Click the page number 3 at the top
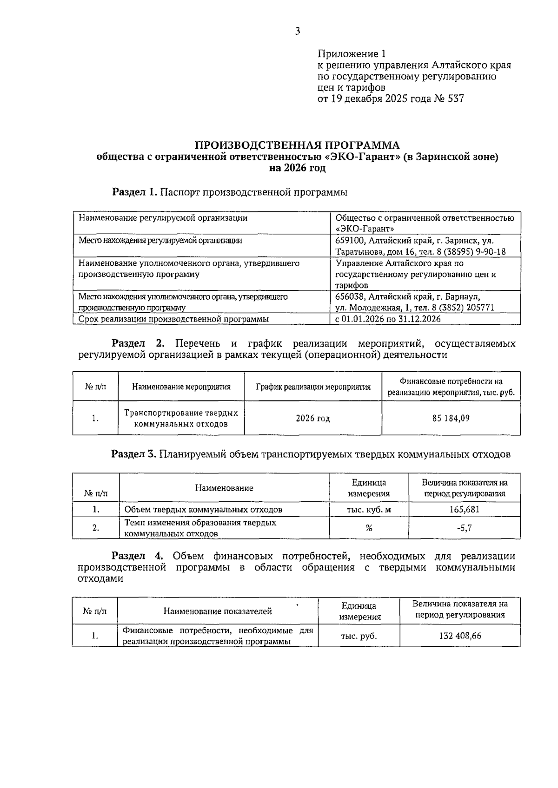[x=297, y=32]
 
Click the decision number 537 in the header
[x=455, y=99]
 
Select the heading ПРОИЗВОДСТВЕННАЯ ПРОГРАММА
[x=297, y=144]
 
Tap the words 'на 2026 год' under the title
[x=297, y=168]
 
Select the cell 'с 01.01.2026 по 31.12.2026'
[x=388, y=319]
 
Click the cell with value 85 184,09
[x=451, y=418]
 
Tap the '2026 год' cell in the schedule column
[x=313, y=418]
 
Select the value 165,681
[x=464, y=509]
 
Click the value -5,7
[x=464, y=528]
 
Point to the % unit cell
[x=369, y=528]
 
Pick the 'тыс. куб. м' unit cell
[x=369, y=509]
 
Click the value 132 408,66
[x=460, y=636]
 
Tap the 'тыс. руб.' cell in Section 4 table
[x=359, y=636]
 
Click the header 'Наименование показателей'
[x=217, y=611]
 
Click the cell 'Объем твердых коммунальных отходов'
[x=203, y=509]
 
